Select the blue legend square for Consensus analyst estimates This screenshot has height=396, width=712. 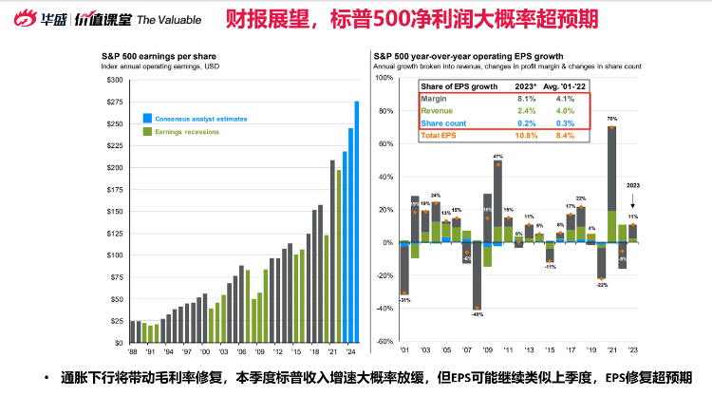click(x=146, y=119)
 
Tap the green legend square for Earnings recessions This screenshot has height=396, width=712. click(x=146, y=132)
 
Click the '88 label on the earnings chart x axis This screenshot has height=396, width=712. click(x=131, y=350)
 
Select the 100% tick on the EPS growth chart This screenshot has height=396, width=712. click(x=384, y=78)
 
